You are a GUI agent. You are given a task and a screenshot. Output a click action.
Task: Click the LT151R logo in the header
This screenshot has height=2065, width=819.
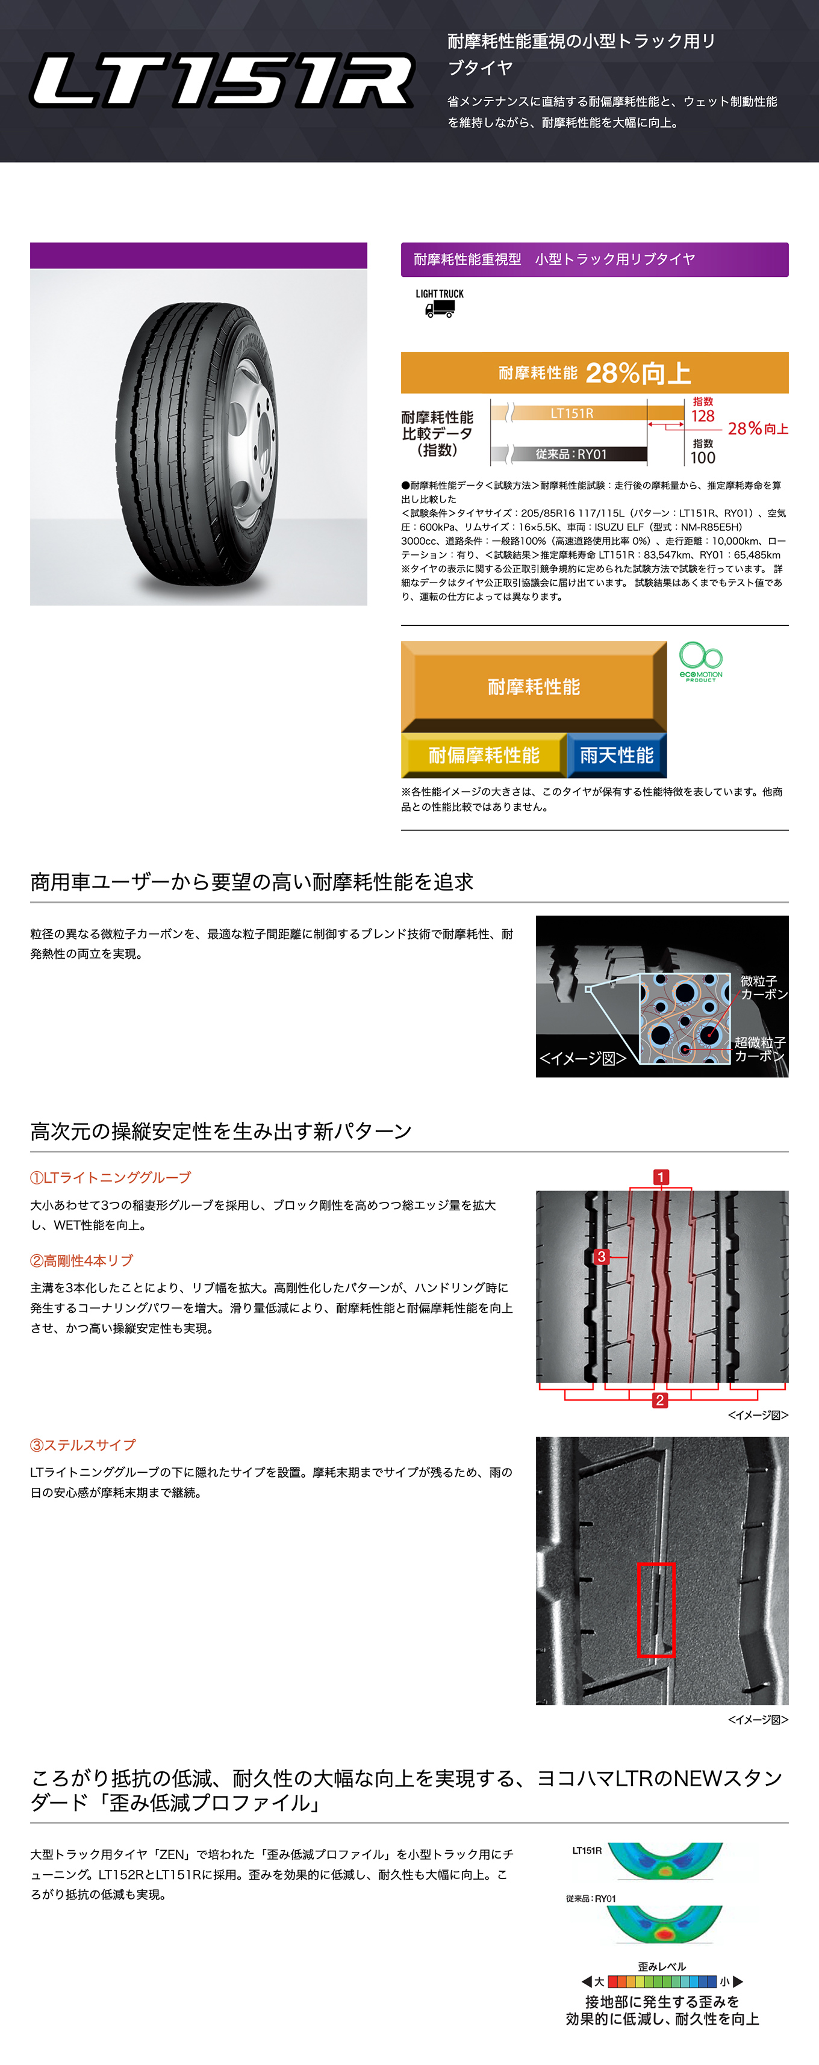(x=222, y=80)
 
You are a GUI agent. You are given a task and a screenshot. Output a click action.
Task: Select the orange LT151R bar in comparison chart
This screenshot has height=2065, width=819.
(x=580, y=413)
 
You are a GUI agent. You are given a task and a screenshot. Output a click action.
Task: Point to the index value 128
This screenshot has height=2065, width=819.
(x=703, y=416)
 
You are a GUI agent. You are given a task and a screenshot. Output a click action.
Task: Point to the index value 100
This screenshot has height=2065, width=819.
(x=703, y=458)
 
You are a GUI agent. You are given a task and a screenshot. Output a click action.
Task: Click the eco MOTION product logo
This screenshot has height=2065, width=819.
(x=701, y=661)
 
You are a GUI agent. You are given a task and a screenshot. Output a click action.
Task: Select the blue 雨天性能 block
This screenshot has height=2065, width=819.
(x=617, y=755)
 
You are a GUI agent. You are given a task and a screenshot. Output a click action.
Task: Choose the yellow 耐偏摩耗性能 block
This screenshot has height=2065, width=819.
(x=484, y=755)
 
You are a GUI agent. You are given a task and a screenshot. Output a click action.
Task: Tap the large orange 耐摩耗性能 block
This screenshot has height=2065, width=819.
(x=534, y=686)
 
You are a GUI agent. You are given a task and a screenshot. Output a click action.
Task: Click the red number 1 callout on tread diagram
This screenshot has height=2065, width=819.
(x=661, y=1177)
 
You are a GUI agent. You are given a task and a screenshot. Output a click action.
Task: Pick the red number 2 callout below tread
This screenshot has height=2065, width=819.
(x=659, y=1400)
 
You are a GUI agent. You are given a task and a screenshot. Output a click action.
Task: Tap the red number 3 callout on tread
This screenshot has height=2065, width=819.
(x=602, y=1256)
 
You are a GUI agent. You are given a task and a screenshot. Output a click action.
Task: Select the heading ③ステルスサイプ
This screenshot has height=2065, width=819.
(x=84, y=1444)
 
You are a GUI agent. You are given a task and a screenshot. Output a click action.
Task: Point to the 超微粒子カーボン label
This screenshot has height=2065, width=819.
(x=759, y=1048)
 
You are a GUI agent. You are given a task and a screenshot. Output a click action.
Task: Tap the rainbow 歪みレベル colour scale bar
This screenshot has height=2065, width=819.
(x=662, y=1981)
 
